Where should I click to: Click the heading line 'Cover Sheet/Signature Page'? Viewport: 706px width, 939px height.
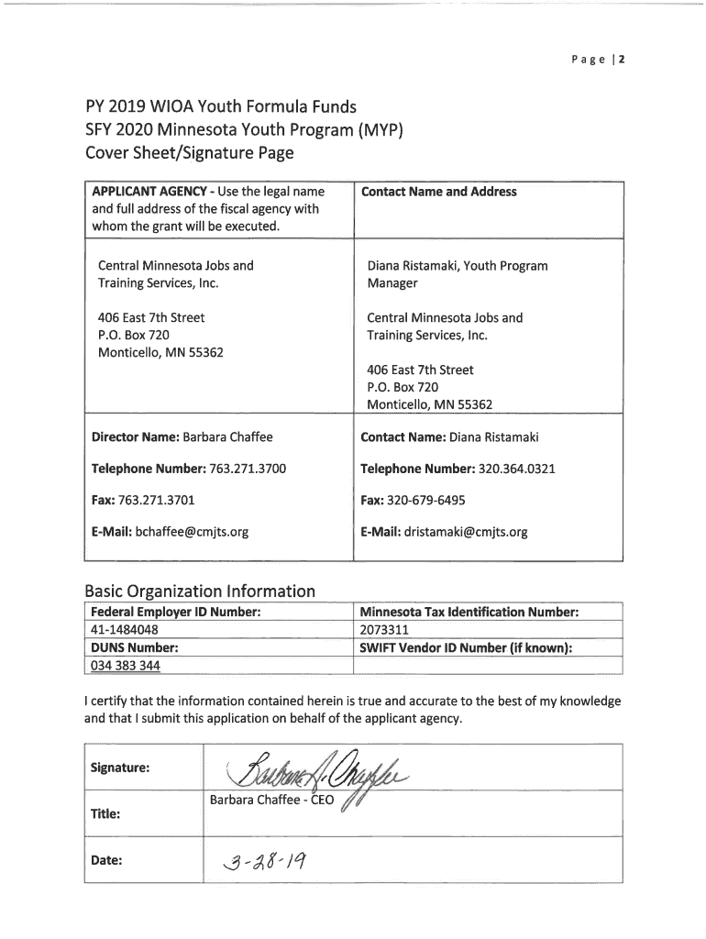tap(189, 152)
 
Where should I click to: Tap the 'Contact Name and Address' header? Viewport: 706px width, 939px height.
tap(438, 192)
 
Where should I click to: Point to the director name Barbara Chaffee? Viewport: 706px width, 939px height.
tap(227, 436)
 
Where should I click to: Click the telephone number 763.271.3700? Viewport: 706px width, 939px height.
tap(248, 469)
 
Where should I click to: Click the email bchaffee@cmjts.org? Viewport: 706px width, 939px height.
tap(192, 532)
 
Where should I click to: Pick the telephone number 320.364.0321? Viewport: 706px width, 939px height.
tap(517, 469)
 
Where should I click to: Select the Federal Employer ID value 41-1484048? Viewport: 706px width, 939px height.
tap(124, 630)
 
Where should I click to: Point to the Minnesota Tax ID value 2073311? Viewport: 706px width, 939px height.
tap(384, 630)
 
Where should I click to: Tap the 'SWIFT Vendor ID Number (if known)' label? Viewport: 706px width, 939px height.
tap(466, 647)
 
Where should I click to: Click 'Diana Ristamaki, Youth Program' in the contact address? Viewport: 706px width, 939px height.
tap(457, 266)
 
